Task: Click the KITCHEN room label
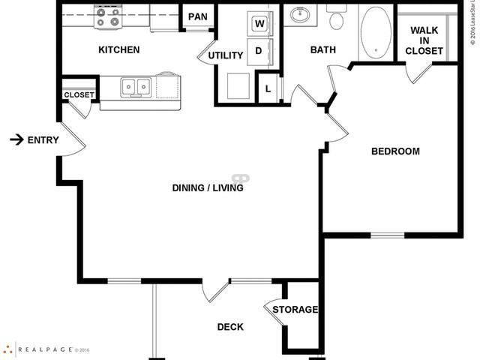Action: pyautogui.click(x=118, y=50)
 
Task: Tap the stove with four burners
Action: pyautogui.click(x=108, y=16)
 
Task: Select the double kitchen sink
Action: pyautogui.click(x=136, y=88)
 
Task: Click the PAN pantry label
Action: pyautogui.click(x=198, y=17)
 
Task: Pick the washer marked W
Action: pyautogui.click(x=259, y=23)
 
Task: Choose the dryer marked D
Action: pyautogui.click(x=259, y=51)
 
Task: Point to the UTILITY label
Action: pyautogui.click(x=226, y=55)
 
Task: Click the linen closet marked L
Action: pyautogui.click(x=268, y=89)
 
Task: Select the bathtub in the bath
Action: pyautogui.click(x=376, y=33)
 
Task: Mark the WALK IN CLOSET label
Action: pyautogui.click(x=424, y=40)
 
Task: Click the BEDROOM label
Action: pyautogui.click(x=395, y=151)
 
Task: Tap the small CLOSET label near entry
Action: pyautogui.click(x=79, y=95)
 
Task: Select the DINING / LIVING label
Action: pyautogui.click(x=207, y=188)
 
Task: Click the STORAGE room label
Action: pyautogui.click(x=295, y=310)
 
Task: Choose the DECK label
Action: pyautogui.click(x=230, y=327)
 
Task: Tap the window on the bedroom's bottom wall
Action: pyautogui.click(x=388, y=236)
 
